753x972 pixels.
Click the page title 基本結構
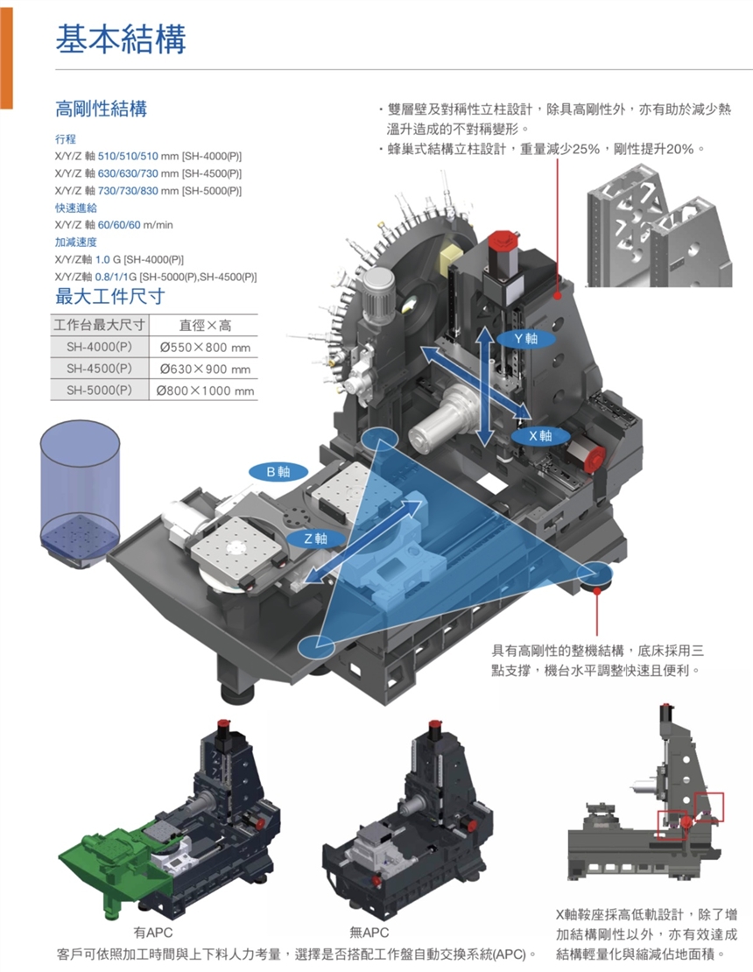click(121, 39)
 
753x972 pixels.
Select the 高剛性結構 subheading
click(101, 109)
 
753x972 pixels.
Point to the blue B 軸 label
click(278, 472)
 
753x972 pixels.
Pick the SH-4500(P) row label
click(99, 369)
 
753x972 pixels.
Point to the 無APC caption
click(369, 933)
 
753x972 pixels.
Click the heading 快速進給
click(75, 208)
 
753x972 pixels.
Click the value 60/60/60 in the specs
click(124, 225)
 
